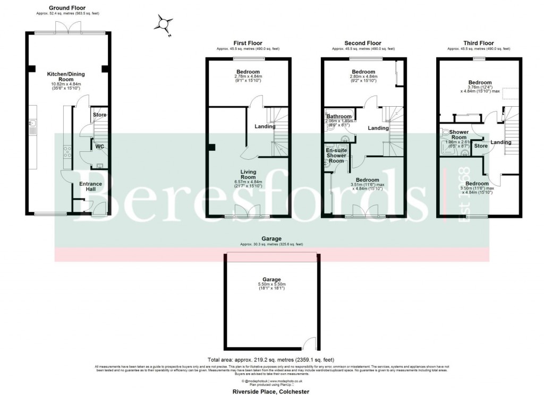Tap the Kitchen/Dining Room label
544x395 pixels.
point(66,76)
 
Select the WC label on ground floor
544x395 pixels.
point(99,147)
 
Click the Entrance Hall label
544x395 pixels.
point(91,186)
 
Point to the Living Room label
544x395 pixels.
point(248,175)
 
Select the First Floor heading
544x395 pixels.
point(248,43)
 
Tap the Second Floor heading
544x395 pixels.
point(363,43)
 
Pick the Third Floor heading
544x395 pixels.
point(479,43)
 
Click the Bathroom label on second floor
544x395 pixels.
point(338,116)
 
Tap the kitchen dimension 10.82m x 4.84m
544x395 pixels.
point(66,84)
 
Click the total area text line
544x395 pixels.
point(271,359)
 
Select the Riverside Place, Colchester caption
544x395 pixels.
point(271,391)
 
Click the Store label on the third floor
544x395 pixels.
point(481,146)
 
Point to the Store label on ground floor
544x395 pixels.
point(99,115)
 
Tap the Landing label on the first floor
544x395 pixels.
point(265,126)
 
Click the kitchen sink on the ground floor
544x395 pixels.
point(32,127)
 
